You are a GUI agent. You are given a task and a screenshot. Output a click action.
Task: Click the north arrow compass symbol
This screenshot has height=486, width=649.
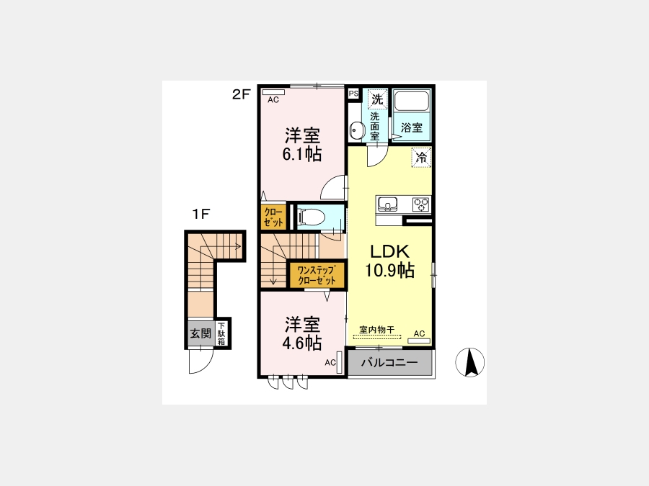point(469,362)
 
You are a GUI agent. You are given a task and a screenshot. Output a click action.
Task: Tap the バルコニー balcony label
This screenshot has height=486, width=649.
point(389,363)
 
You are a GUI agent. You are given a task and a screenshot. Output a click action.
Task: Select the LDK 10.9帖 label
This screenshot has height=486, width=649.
point(389,261)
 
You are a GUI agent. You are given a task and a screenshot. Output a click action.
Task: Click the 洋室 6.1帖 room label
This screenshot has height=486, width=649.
point(302,145)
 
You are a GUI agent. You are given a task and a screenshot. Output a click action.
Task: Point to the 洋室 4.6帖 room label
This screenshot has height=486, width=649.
point(302,334)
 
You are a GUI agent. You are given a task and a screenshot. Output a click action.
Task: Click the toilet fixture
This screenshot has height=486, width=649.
point(311,217)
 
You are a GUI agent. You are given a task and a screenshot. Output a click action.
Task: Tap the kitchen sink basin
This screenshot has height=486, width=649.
point(387,204)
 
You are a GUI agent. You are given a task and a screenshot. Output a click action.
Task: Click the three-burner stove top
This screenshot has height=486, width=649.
point(421,204)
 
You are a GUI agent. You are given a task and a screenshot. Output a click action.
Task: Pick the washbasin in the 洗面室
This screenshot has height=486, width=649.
point(356,130)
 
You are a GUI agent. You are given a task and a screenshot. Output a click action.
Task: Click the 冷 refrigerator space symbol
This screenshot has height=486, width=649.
point(421,158)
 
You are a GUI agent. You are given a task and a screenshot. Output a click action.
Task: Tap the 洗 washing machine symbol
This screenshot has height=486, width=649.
point(377,99)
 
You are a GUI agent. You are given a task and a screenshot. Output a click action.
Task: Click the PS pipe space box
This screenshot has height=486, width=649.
point(353,94)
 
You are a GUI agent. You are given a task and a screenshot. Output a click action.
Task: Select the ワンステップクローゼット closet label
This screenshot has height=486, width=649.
point(317,276)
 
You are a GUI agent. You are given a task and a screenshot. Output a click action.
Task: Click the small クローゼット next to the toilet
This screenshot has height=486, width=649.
point(273,217)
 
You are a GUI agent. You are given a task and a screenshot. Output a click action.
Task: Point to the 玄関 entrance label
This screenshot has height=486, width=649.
point(200,333)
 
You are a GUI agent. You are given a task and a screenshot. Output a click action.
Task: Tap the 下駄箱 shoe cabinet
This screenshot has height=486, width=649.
point(221,333)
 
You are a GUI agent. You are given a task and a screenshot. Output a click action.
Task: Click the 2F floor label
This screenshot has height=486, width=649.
point(242,94)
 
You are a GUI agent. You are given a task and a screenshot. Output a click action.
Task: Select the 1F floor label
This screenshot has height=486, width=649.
point(201,214)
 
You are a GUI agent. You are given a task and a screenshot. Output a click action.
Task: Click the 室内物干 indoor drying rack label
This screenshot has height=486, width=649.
point(376,329)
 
